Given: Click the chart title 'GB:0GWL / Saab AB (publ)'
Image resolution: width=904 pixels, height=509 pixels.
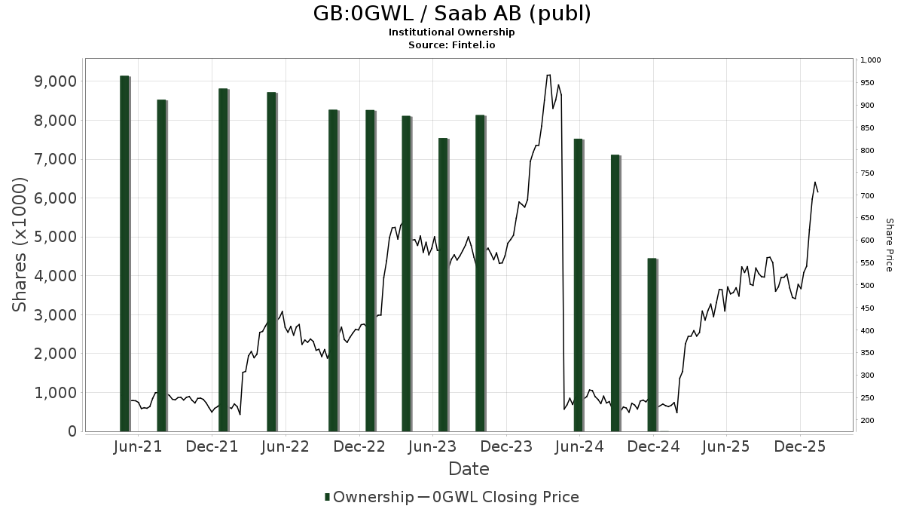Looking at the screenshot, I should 451,14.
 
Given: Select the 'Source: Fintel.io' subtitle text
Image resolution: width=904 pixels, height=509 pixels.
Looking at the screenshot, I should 451,45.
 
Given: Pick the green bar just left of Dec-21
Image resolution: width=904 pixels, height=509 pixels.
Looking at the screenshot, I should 223,260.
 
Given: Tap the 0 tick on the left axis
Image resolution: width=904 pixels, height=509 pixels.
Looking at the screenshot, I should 72,431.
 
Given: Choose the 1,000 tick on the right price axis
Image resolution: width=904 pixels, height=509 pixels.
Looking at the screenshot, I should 870,60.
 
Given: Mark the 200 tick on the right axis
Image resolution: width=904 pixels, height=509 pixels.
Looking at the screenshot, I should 867,421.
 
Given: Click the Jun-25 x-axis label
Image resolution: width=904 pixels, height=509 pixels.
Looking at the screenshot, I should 726,446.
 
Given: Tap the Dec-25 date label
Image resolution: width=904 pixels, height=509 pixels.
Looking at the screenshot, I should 800,446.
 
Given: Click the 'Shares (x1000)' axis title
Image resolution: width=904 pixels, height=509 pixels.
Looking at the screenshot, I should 20,244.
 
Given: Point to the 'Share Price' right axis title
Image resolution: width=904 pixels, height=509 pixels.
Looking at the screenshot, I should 890,244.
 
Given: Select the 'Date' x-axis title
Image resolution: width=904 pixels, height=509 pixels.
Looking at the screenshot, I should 469,469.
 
